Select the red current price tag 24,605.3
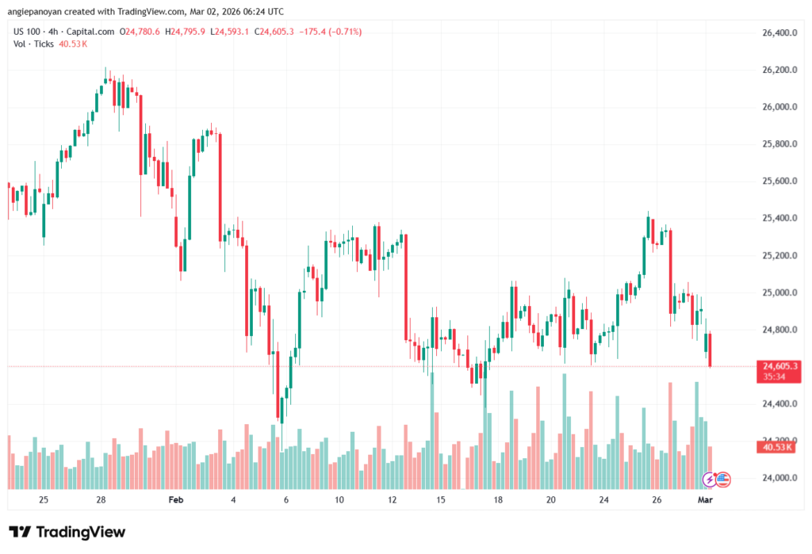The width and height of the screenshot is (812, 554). (x=779, y=365)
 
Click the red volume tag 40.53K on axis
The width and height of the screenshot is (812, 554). (x=778, y=447)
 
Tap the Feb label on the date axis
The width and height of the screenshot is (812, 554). (x=176, y=500)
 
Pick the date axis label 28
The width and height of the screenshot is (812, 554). (x=101, y=500)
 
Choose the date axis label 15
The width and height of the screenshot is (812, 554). (x=441, y=500)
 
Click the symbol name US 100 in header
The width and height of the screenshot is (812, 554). (x=29, y=32)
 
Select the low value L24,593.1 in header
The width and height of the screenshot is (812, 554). (x=229, y=32)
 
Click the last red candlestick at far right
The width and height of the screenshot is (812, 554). (x=710, y=350)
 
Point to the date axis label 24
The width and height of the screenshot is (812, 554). (x=603, y=500)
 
